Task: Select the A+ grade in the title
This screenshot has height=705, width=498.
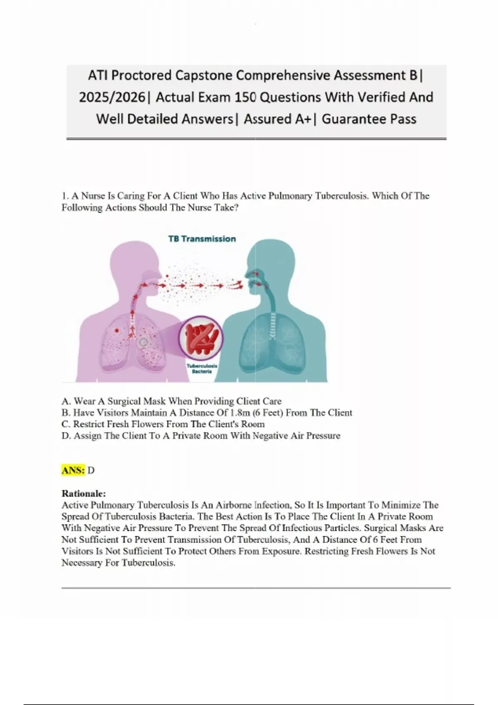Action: [295, 119]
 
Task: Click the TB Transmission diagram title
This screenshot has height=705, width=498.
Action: [202, 239]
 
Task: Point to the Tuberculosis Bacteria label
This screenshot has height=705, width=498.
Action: [202, 369]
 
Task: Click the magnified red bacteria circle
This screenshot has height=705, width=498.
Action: [201, 338]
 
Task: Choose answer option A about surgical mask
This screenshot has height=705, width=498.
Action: [171, 401]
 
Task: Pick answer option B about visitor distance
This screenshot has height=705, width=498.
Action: [207, 413]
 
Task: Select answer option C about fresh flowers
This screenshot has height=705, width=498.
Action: [163, 424]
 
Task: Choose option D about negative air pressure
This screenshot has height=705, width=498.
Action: [201, 435]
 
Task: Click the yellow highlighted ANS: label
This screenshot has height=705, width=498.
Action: [73, 470]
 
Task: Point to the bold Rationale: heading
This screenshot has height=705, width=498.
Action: [84, 494]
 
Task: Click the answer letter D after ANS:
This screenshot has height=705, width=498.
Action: [91, 470]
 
